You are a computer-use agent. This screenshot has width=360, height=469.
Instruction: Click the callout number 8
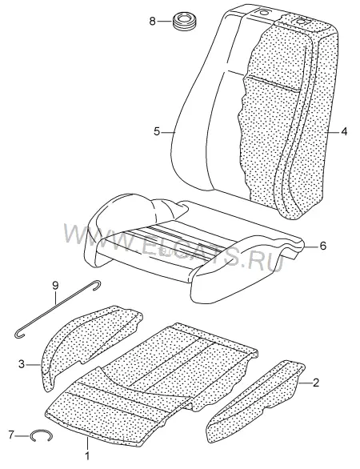click(x=153, y=22)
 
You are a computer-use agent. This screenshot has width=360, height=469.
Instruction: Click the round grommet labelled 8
click(x=185, y=22)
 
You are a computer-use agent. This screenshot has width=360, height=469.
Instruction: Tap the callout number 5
click(x=158, y=131)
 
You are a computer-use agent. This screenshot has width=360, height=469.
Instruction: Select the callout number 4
click(x=344, y=131)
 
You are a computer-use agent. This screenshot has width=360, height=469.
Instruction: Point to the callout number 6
click(x=322, y=246)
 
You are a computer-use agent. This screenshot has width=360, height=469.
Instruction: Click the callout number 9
click(x=56, y=286)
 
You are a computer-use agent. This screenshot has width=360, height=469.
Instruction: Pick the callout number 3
click(x=22, y=364)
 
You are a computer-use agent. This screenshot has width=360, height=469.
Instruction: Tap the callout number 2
click(x=316, y=383)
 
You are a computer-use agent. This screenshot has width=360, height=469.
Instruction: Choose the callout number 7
click(x=11, y=435)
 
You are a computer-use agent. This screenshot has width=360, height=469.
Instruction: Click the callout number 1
click(x=88, y=456)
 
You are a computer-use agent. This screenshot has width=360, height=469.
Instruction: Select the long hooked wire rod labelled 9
click(x=57, y=308)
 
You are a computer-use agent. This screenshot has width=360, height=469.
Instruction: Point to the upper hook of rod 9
click(x=97, y=285)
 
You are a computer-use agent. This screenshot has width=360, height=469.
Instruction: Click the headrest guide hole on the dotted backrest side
click(x=301, y=21)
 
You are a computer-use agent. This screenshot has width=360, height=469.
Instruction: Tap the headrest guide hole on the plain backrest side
click(x=263, y=13)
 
